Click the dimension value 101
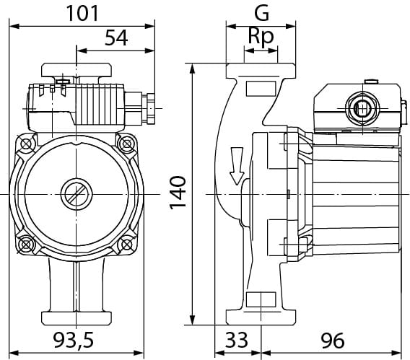pos(83,12)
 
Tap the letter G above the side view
pos(261,12)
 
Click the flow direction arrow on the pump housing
pos(235,164)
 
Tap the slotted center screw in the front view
pos(76,194)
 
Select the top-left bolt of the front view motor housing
pos(26,144)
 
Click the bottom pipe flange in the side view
pos(261,316)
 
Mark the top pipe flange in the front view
pos(76,71)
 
